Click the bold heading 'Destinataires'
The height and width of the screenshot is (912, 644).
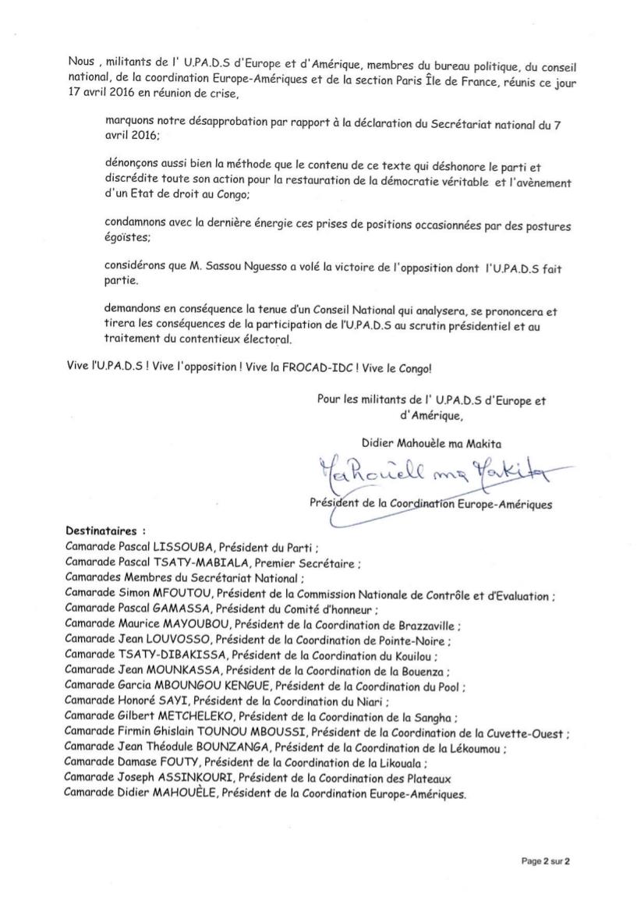[101, 530]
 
